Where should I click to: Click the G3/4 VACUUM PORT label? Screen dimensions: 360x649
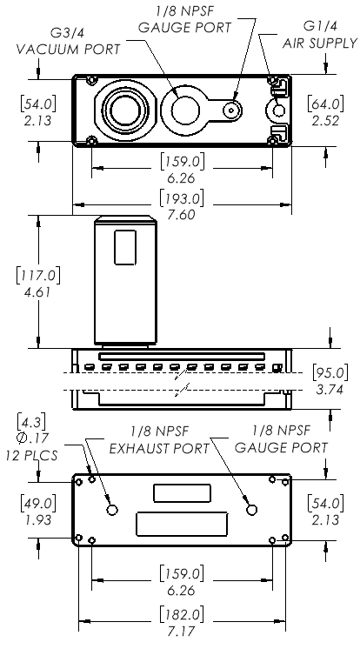pyautogui.click(x=68, y=41)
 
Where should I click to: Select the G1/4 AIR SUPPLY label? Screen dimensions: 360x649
pyautogui.click(x=320, y=35)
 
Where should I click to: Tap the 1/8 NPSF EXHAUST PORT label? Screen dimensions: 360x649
pyautogui.click(x=159, y=439)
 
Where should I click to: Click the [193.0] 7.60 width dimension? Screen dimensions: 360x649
pyautogui.click(x=182, y=206)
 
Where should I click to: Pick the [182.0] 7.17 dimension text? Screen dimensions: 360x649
pyautogui.click(x=182, y=622)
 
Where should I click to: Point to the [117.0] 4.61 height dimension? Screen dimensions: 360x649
pyautogui.click(x=38, y=283)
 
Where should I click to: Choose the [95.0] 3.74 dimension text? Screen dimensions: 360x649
pyautogui.click(x=330, y=381)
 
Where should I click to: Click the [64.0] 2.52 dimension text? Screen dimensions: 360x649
pyautogui.click(x=326, y=111)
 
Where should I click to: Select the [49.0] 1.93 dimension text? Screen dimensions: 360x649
pyautogui.click(x=38, y=512)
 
